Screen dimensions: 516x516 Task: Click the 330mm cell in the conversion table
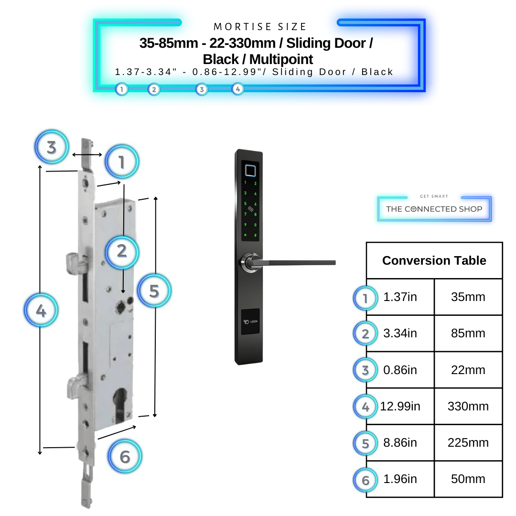[x=468, y=406]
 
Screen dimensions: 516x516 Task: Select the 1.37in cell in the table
[x=400, y=297]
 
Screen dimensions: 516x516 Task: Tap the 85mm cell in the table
[x=468, y=333]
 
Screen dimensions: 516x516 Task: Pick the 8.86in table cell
[x=400, y=442]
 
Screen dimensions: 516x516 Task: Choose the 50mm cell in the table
[x=468, y=479]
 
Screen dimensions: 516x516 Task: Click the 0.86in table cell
[x=400, y=370]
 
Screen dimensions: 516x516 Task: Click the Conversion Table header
[x=434, y=260]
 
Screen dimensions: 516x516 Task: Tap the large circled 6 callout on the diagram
[x=125, y=456]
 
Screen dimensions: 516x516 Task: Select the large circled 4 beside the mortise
[x=41, y=311]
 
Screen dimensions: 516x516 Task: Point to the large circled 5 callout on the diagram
[x=154, y=290]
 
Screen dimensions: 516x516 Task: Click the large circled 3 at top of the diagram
[x=52, y=147]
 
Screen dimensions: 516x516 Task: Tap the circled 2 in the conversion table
[x=365, y=334]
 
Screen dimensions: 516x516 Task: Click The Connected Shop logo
[x=434, y=209]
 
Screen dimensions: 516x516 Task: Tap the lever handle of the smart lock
[x=296, y=262]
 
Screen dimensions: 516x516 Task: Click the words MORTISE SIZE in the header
[x=260, y=27]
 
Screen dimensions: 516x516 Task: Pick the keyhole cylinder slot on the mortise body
[x=121, y=404]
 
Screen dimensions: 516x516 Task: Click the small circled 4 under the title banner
[x=237, y=89]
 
